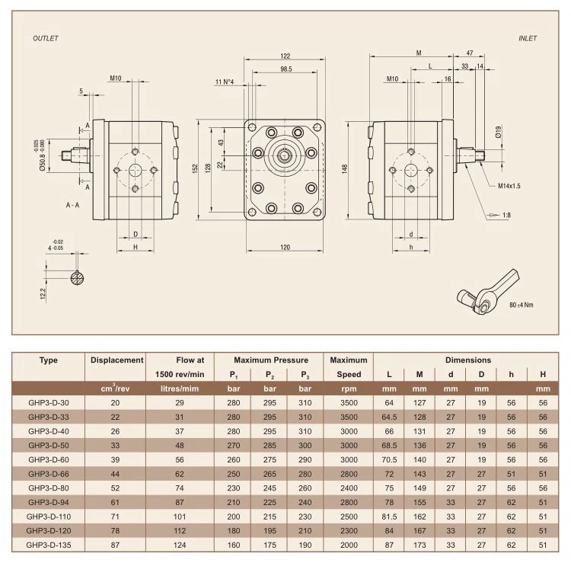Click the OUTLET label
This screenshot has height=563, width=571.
click(46, 37)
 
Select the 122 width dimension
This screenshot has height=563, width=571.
click(285, 56)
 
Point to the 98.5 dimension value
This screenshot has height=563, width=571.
click(286, 69)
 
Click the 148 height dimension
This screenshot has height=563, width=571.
click(345, 168)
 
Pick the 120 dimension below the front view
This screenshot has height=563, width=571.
click(285, 248)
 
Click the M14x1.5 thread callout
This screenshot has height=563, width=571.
click(509, 186)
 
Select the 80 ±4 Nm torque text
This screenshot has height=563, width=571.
click(522, 304)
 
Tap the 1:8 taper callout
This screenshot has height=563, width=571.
click(506, 216)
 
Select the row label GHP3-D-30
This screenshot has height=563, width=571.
click(49, 401)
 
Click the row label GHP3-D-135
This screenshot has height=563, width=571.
click(49, 545)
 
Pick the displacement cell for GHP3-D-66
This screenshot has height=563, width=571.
click(116, 473)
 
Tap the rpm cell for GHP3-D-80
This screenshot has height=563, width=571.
click(349, 488)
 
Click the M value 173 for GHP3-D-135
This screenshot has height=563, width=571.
click(419, 545)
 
